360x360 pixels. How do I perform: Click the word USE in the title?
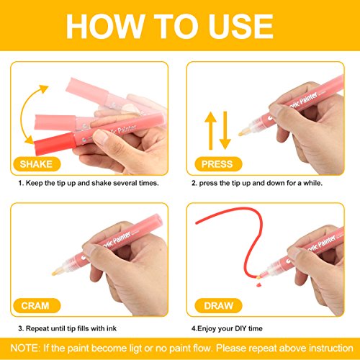click(241, 26)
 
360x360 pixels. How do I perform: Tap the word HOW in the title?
click(105, 26)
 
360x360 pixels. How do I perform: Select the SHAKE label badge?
click(37, 164)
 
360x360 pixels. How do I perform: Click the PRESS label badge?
click(218, 164)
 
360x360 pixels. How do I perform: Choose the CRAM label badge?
click(37, 305)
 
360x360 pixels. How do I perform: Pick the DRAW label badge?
click(218, 305)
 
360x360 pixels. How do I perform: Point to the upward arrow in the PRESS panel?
click(211, 131)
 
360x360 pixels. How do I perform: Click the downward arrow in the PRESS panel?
click(225, 131)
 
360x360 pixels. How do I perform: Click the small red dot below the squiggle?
click(258, 285)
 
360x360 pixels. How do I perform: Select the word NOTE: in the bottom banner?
click(25, 348)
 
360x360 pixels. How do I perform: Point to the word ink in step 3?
click(112, 328)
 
